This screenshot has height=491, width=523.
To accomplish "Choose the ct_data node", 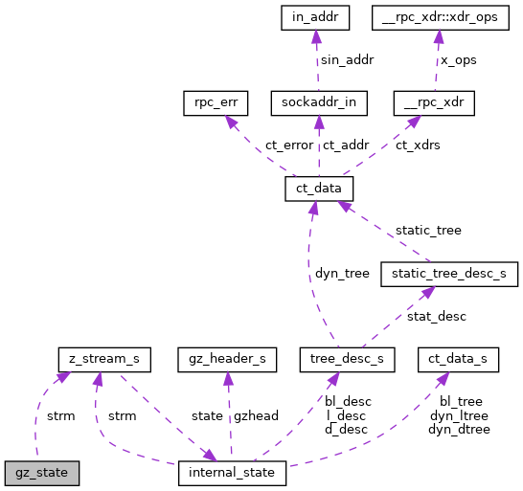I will [320, 189].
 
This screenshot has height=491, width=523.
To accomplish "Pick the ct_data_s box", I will [458, 360].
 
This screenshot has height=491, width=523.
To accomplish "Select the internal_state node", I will [232, 473].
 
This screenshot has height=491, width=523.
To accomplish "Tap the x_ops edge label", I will [458, 59].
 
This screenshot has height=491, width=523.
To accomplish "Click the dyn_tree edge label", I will [342, 273].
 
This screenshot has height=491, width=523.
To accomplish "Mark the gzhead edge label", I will [258, 416].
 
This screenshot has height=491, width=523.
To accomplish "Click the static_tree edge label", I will [428, 231].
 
